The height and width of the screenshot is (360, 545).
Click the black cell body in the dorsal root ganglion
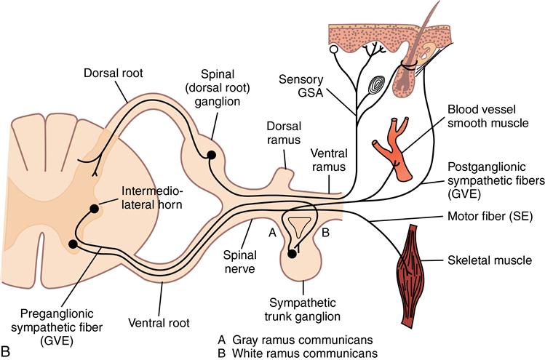click(212, 154)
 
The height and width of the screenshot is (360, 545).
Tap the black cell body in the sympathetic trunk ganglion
click(292, 254)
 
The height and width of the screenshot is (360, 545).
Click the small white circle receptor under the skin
click(333, 49)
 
